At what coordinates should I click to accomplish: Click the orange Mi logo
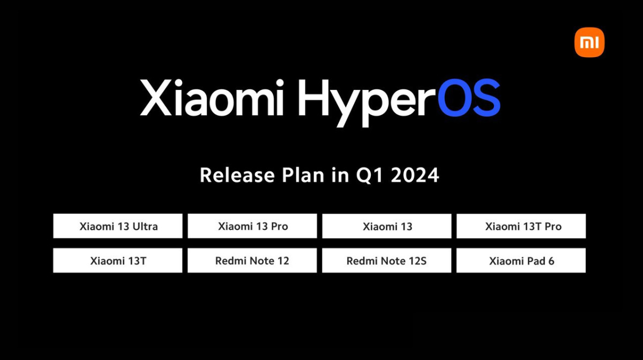click(x=589, y=42)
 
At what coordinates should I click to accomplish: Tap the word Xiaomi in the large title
click(x=212, y=98)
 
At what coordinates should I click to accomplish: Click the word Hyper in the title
click(x=367, y=103)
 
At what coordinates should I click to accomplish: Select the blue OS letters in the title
click(x=469, y=98)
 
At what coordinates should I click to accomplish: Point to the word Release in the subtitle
click(x=237, y=175)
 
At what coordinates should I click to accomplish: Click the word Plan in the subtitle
click(x=303, y=175)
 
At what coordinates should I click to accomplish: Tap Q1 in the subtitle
click(x=370, y=175)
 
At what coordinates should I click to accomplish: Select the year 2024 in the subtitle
click(x=415, y=175)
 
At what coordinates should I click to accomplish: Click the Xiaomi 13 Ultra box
click(x=118, y=226)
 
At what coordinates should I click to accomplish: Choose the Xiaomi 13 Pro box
click(x=252, y=226)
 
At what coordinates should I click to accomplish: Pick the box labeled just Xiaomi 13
click(x=387, y=226)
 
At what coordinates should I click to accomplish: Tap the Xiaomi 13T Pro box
click(x=521, y=226)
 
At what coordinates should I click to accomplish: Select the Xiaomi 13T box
click(x=118, y=260)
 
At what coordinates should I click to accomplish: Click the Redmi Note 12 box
click(x=252, y=260)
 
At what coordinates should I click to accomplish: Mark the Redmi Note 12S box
click(x=387, y=260)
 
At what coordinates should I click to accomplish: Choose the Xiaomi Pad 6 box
click(x=521, y=260)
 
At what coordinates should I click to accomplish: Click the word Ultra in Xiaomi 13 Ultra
click(x=145, y=227)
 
